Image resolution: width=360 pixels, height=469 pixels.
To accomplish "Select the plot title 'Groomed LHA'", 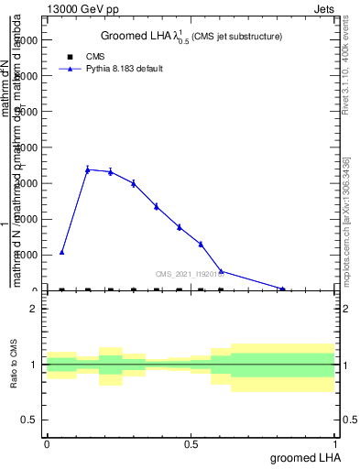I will pyautogui.click(x=137, y=36).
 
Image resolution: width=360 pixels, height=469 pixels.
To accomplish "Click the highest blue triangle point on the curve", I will pyautogui.click(x=88, y=169).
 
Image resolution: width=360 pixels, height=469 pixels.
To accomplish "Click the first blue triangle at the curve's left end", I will pyautogui.click(x=61, y=252).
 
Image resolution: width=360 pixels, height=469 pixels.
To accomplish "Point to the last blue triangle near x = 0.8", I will pyautogui.click(x=282, y=289).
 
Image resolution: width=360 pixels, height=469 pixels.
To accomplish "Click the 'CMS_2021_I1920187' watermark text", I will pyautogui.click(x=191, y=273).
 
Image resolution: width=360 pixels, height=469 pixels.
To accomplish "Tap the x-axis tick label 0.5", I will pyautogui.click(x=191, y=444).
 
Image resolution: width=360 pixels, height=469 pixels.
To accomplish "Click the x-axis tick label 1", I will pyautogui.click(x=336, y=444).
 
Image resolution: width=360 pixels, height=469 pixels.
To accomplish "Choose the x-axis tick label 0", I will pyautogui.click(x=47, y=444).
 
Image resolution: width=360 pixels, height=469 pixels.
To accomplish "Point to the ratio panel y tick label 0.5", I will pyautogui.click(x=29, y=420).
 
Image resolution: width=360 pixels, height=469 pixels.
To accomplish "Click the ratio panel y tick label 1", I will pyautogui.click(x=33, y=365).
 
